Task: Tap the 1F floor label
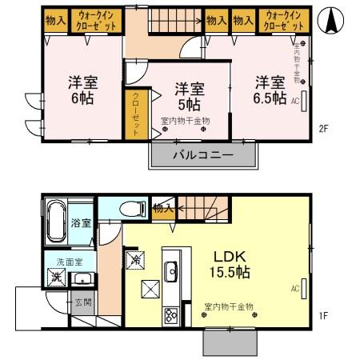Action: point(325,314)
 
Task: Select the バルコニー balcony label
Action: point(203,154)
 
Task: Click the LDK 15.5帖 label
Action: point(230,264)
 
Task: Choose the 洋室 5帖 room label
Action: point(189,94)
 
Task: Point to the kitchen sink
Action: point(171,274)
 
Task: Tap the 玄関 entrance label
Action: point(82,302)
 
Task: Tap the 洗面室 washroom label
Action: point(66,262)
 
